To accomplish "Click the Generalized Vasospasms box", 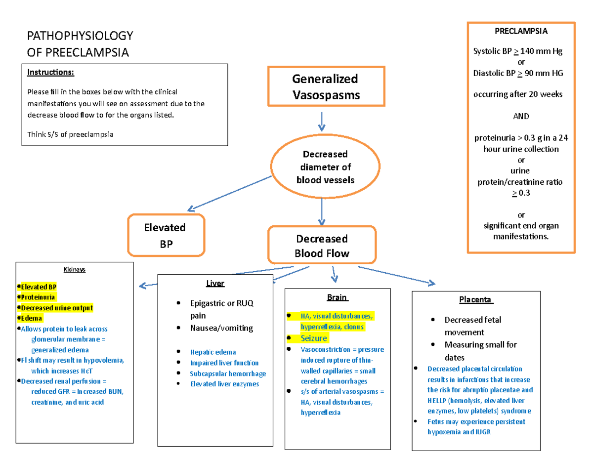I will (326, 86).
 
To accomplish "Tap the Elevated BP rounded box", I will (166, 235).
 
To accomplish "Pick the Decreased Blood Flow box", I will (322, 246).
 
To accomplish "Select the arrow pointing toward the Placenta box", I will (395, 275).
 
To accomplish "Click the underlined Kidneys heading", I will (74, 270).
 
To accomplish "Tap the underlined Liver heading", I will (215, 283).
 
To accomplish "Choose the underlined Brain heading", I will (338, 297).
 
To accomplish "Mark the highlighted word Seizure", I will (314, 338).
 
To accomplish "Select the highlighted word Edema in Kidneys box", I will (32, 318).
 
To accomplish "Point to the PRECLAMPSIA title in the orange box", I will (521, 32).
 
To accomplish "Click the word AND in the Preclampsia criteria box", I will (521, 116).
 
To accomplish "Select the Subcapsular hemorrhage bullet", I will (228, 373).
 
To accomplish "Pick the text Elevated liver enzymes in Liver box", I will (224, 384).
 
